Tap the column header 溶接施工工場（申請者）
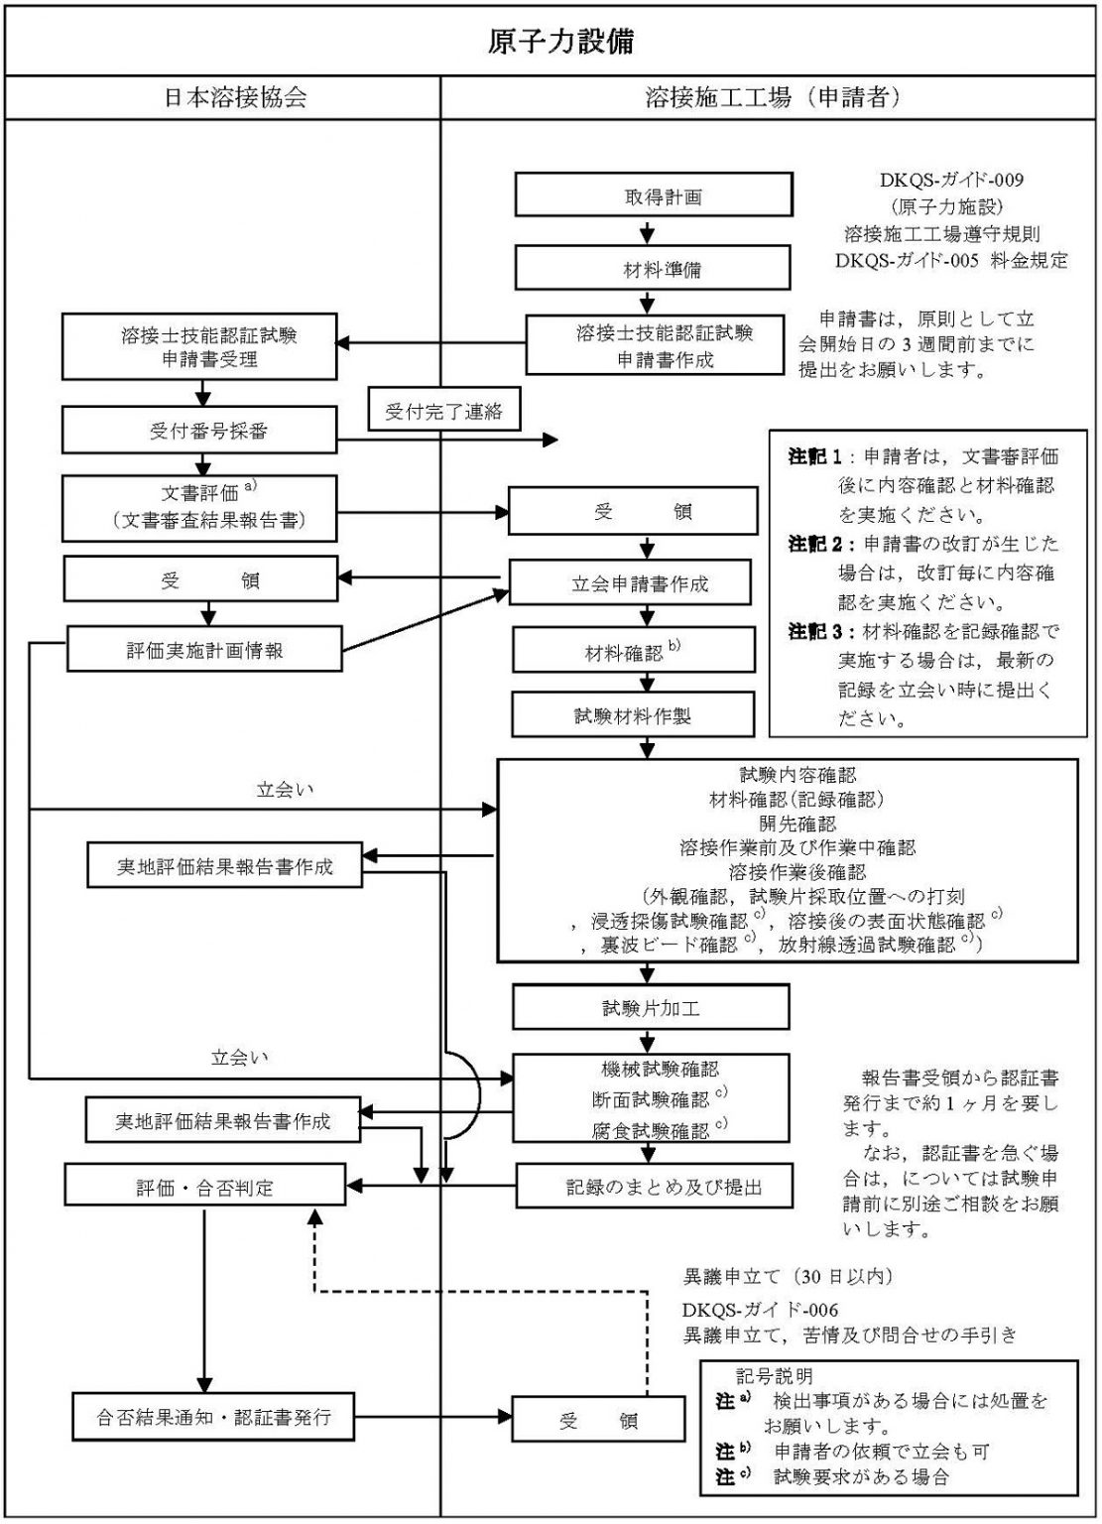tap(772, 97)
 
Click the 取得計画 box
tap(654, 195)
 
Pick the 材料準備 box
tap(654, 268)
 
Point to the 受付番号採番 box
tap(201, 432)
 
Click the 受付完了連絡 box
tap(443, 412)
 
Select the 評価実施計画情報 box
tap(204, 650)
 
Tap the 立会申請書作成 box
tap(640, 583)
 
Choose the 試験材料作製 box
tap(633, 716)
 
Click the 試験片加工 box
tap(651, 1008)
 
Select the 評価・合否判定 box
tap(204, 1187)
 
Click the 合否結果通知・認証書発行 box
tap(213, 1417)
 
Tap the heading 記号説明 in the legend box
tap(775, 1376)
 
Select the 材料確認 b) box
tap(633, 652)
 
